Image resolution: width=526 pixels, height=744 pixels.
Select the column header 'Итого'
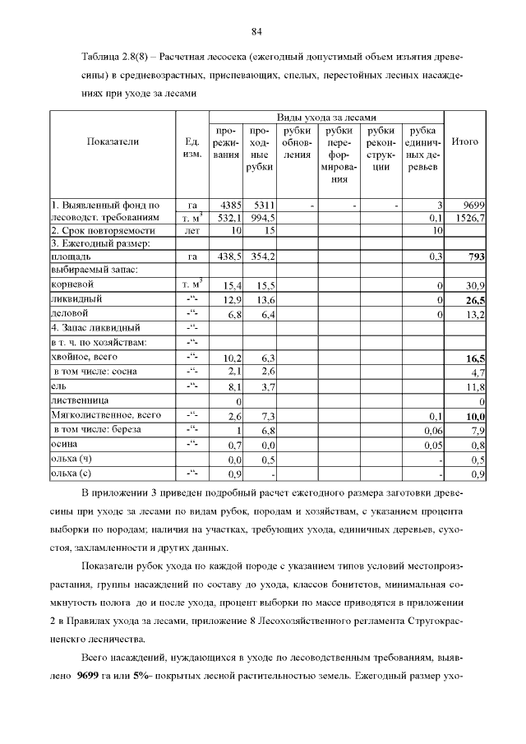coord(465,141)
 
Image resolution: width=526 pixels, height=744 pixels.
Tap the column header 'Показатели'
coord(113,141)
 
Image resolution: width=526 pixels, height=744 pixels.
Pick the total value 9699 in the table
coord(474,204)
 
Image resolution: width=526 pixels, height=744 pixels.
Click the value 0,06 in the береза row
coord(433,430)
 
